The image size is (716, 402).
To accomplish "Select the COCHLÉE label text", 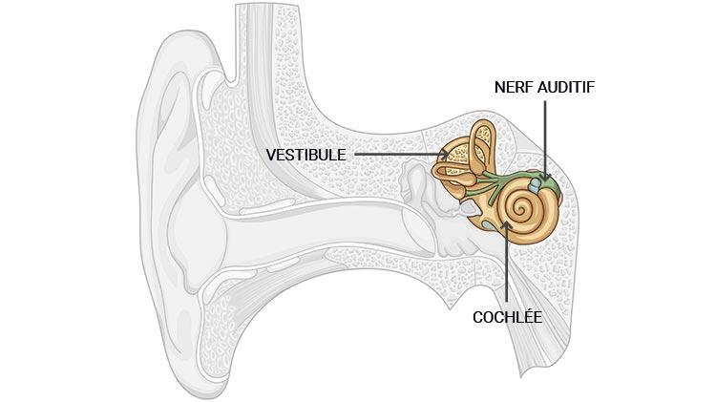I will pos(507,316).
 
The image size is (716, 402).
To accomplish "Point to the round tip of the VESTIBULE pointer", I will pos(445,154).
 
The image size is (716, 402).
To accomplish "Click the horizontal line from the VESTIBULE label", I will pos(401,154).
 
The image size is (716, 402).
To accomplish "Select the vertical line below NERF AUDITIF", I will pos(546,134).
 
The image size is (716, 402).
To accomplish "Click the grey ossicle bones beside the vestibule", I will pos(420,181).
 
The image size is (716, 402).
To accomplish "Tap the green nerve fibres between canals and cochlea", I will pos(496,182).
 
